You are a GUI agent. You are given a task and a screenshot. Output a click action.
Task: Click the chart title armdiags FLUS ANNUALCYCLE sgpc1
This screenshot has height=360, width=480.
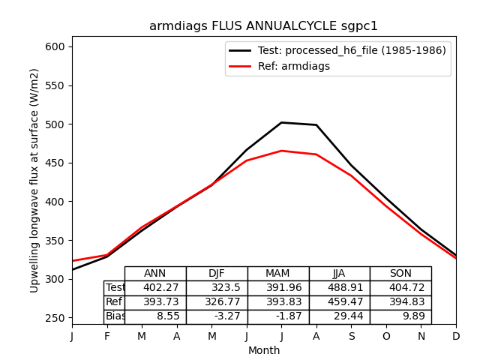(x=263, y=26)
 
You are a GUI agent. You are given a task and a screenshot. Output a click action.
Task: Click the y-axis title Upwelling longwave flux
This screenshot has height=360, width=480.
(x=34, y=180)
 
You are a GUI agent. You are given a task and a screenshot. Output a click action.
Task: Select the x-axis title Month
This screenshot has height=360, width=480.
(x=264, y=350)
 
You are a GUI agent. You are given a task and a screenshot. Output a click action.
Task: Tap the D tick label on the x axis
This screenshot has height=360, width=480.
(x=456, y=337)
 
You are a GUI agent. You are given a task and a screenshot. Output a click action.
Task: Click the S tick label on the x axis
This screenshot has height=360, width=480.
(x=351, y=337)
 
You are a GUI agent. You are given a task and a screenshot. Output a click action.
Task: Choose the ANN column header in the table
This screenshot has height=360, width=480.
(x=155, y=274)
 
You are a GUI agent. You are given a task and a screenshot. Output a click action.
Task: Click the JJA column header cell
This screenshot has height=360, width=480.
(x=339, y=274)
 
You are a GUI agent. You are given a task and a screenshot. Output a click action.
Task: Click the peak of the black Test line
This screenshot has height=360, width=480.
(x=281, y=122)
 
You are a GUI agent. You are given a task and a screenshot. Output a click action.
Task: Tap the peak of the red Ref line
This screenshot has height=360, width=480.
(x=281, y=151)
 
